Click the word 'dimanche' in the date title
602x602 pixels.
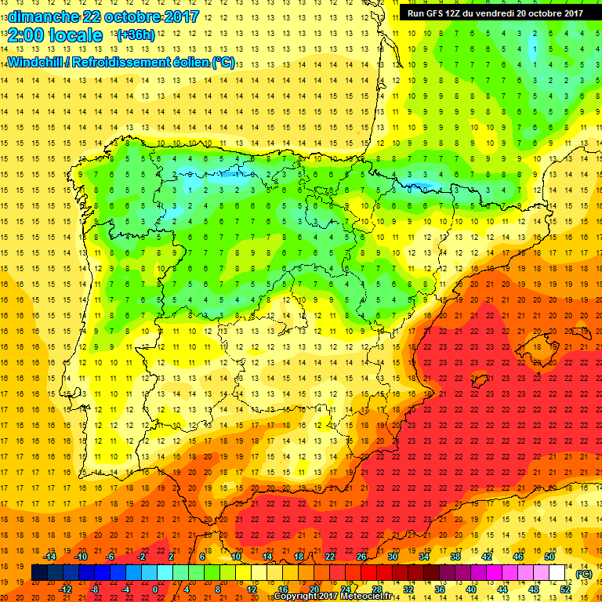pyautogui.click(x=43, y=16)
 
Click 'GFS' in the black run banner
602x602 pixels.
pyautogui.click(x=435, y=13)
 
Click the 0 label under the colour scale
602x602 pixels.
pyautogui.click(x=155, y=589)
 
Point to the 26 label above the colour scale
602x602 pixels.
pyautogui.click(x=361, y=557)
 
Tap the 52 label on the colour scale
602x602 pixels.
pyautogui.click(x=565, y=589)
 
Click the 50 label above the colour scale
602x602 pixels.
pyautogui.click(x=549, y=557)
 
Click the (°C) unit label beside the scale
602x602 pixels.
pyautogui.click(x=584, y=574)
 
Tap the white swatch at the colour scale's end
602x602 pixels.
pyautogui.click(x=557, y=573)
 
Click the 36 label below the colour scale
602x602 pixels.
pyautogui.click(x=440, y=589)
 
